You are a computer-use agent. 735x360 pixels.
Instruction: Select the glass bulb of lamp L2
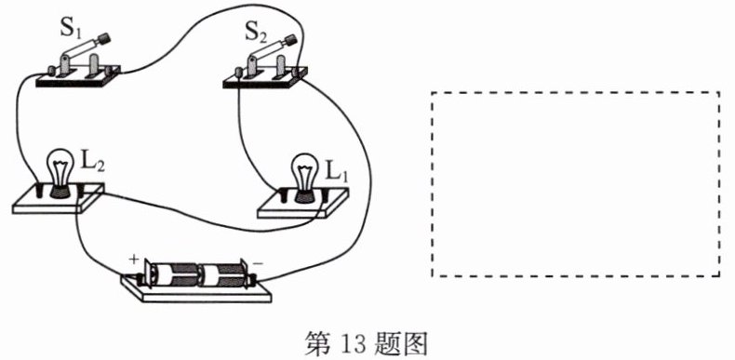(x=59, y=167)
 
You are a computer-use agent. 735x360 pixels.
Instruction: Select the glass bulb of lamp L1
(x=304, y=171)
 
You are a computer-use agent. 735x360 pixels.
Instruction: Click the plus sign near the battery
(x=135, y=259)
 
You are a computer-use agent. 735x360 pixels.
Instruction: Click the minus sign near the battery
(x=258, y=263)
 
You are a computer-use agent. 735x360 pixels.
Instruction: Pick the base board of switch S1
(x=78, y=77)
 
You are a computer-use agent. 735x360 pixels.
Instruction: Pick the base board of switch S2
(x=264, y=79)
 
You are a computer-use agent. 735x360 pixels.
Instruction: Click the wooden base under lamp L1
(x=303, y=205)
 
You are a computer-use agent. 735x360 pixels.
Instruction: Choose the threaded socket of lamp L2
(x=59, y=191)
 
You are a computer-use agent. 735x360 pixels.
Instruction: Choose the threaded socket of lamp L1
(x=304, y=195)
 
